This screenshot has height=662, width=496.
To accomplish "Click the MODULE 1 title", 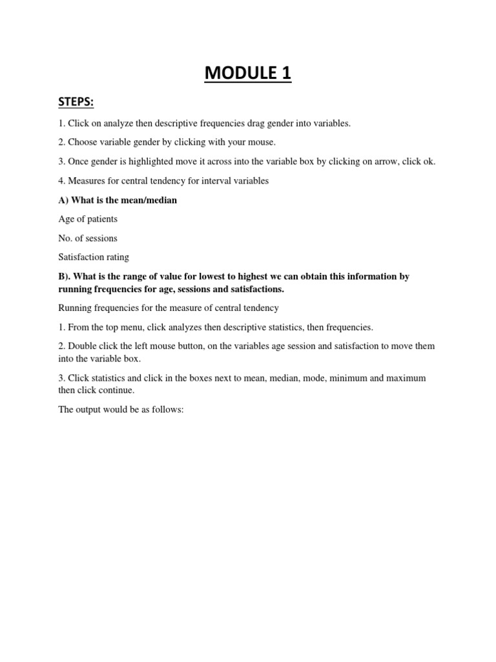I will pos(248,74).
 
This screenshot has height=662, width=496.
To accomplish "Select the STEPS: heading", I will pos(77,104).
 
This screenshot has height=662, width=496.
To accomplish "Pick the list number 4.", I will pos(61,181).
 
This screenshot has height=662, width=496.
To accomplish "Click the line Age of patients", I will pos(88,219).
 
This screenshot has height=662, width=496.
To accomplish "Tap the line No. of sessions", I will pos(88,238).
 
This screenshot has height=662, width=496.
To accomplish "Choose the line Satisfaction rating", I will pos(93,257).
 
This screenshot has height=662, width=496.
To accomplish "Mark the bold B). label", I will pos(66,276).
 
